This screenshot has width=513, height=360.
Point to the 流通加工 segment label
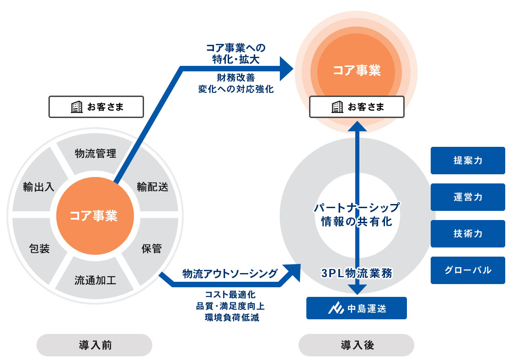95,280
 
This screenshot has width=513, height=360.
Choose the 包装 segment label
39,249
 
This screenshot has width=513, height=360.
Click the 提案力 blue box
468,161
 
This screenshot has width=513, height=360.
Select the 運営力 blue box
468,197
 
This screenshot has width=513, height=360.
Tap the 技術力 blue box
468,234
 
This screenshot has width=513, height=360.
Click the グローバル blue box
468,270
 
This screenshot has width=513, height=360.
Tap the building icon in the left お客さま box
76,107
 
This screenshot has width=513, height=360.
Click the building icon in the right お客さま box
337,107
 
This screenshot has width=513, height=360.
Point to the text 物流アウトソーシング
230,274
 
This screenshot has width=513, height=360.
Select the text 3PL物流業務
356,273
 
